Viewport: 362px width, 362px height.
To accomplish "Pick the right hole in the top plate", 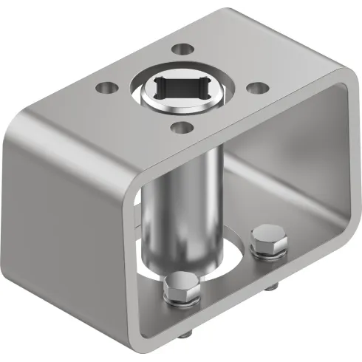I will (x=256, y=87).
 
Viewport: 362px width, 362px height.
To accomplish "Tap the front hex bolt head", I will (x=182, y=287).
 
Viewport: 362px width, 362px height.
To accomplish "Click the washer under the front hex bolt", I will (x=182, y=301).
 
